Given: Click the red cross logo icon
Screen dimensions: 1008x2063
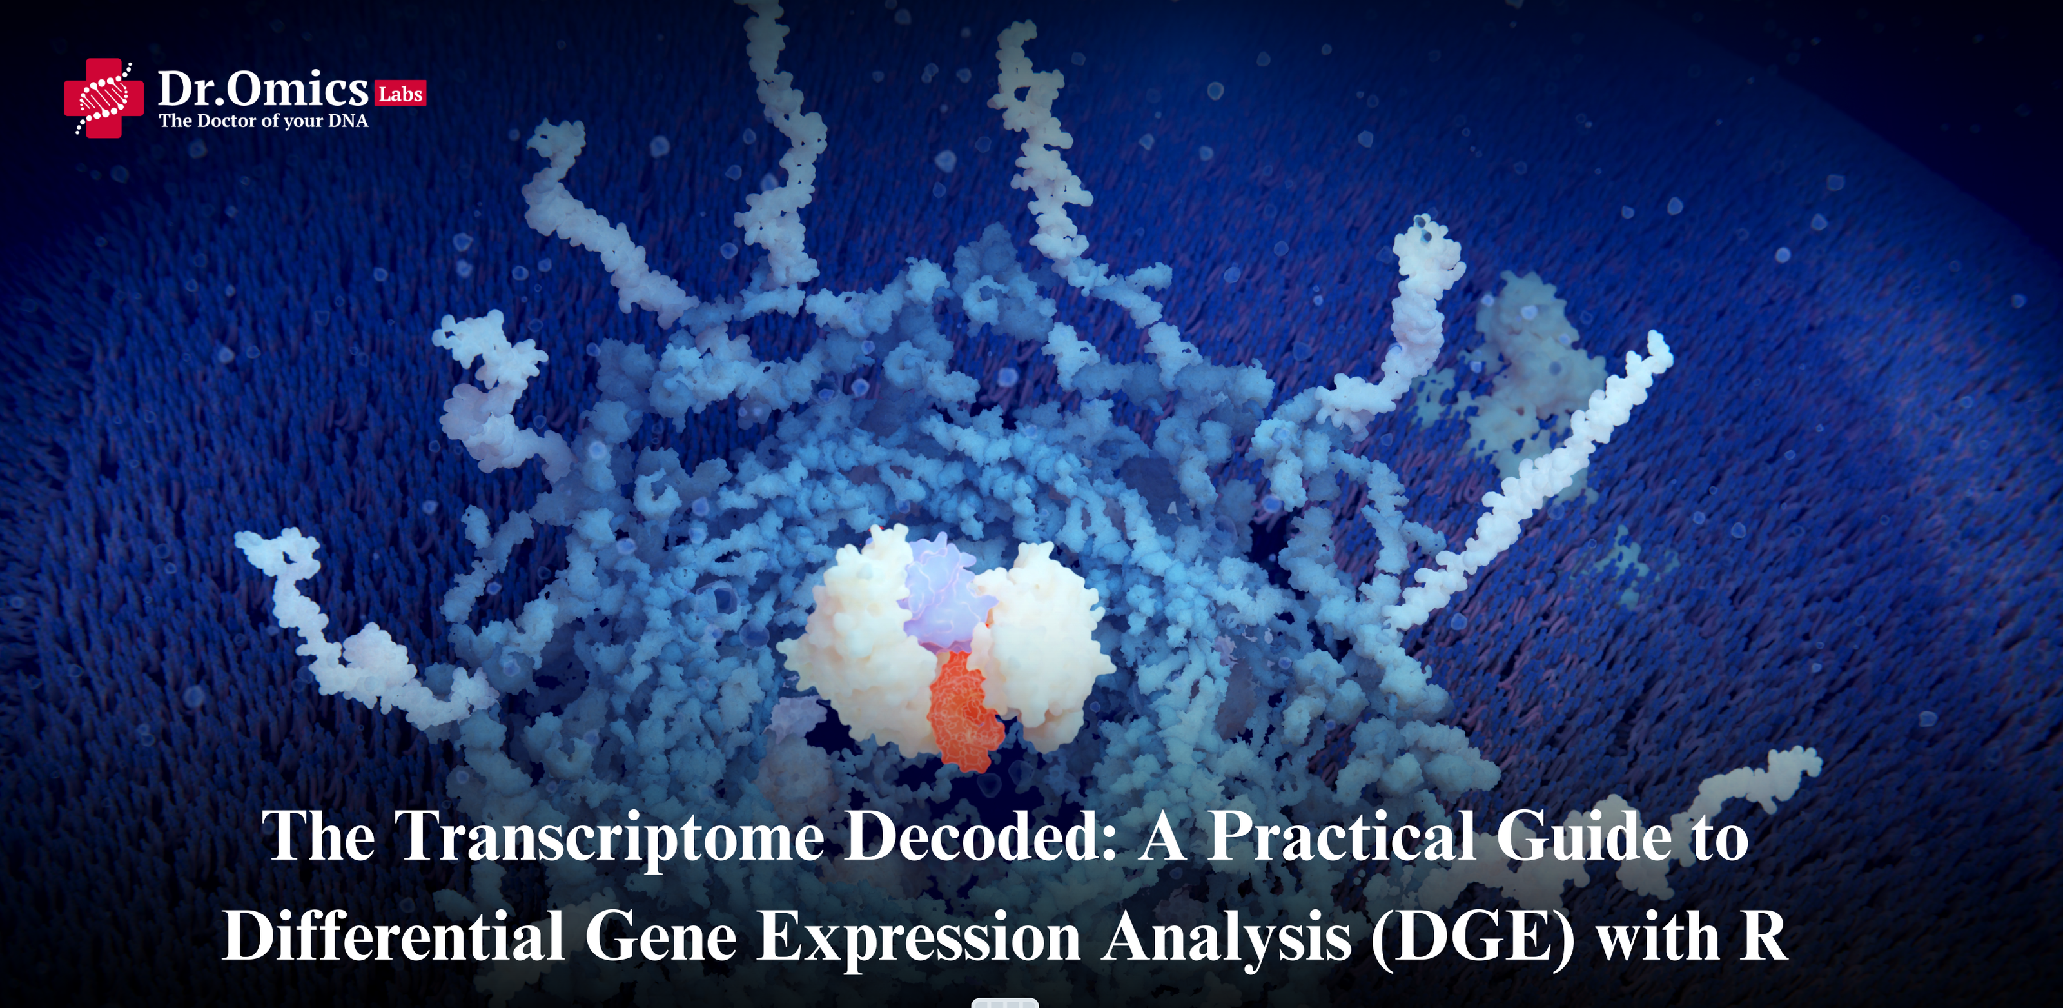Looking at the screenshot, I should [x=103, y=98].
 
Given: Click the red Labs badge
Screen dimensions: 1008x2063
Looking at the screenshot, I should [x=400, y=94].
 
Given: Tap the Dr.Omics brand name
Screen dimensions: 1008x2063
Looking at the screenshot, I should [x=262, y=89].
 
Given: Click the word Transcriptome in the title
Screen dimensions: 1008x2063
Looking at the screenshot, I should [x=612, y=837].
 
